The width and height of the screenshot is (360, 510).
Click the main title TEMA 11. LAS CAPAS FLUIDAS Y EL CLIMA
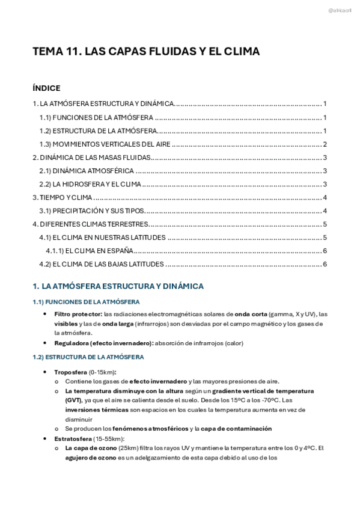pyautogui.click(x=146, y=52)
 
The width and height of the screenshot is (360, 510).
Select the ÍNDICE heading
pyautogui.click(x=46, y=88)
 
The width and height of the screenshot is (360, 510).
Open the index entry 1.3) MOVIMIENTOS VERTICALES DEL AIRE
pyautogui.click(x=105, y=144)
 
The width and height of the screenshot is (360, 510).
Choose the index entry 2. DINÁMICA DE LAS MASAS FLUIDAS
pyautogui.click(x=90, y=158)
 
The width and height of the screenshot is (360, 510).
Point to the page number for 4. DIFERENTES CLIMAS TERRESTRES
pyautogui.click(x=325, y=224)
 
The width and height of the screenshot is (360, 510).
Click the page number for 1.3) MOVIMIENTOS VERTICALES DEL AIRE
pyautogui.click(x=325, y=144)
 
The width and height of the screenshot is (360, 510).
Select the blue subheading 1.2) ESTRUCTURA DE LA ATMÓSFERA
pyautogui.click(x=88, y=357)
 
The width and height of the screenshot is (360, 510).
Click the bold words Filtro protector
pyautogui.click(x=78, y=315)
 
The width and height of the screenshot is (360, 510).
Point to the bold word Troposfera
pyautogui.click(x=70, y=372)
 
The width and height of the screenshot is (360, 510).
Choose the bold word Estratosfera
pyautogui.click(x=72, y=439)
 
